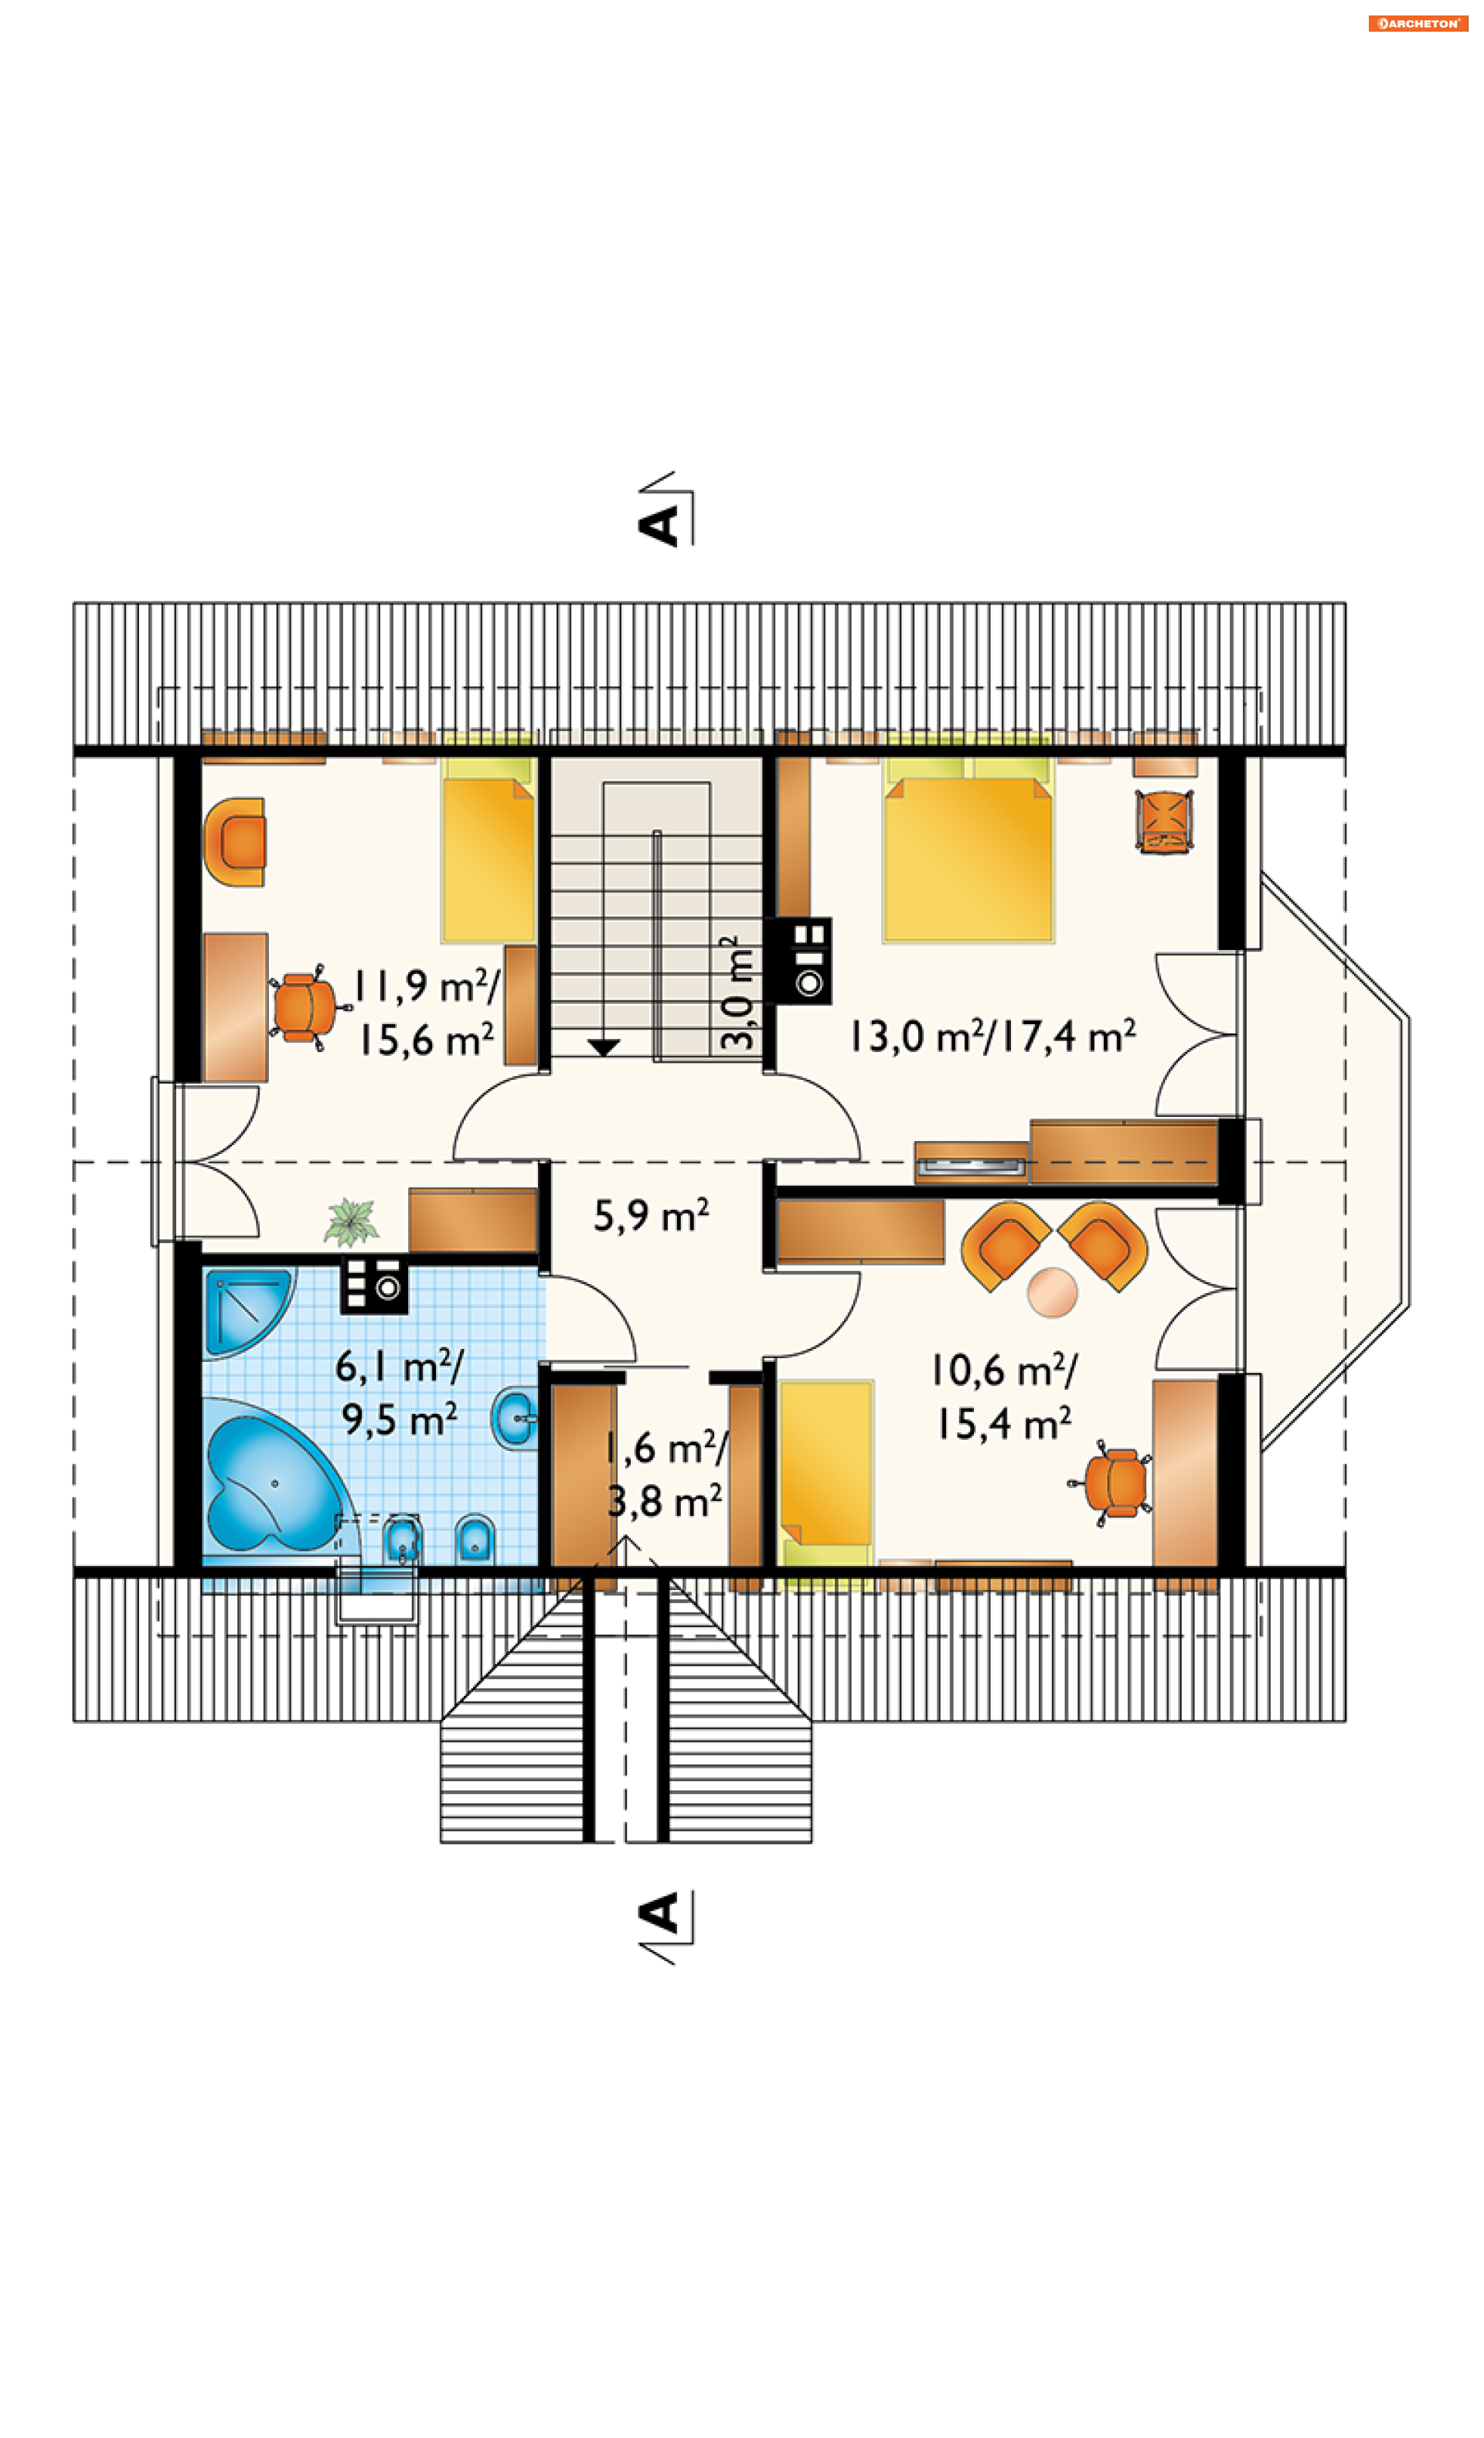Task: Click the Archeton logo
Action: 1418,22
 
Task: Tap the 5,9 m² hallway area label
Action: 650,1214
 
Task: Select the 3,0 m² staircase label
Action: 737,993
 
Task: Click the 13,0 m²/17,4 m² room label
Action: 992,1036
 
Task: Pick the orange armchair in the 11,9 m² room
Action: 236,841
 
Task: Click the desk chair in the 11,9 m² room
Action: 307,1007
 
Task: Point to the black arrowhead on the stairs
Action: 603,1047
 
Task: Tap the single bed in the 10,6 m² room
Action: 825,1463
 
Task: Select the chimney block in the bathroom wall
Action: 374,1285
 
